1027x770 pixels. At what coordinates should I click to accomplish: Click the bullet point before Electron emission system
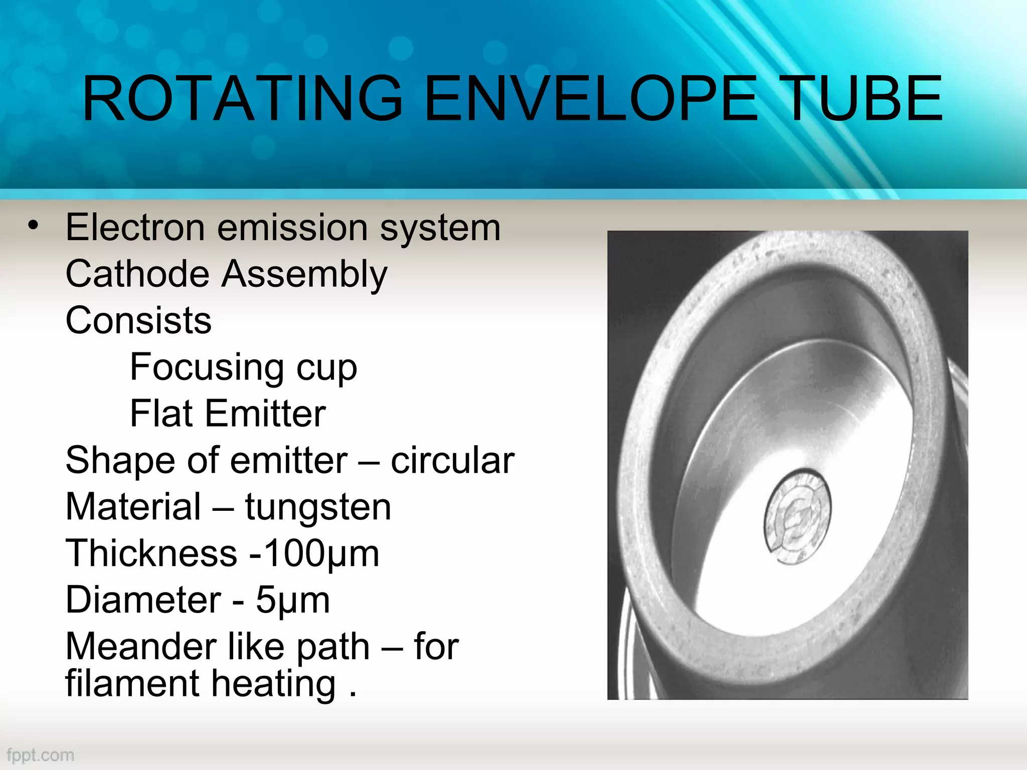[33, 226]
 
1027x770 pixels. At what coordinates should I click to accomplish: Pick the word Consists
[138, 321]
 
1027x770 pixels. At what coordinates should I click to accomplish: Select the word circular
[452, 460]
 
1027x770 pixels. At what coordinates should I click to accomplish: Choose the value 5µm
[293, 601]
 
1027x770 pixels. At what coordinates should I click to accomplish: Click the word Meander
[142, 647]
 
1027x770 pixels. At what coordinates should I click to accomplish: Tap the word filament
[132, 684]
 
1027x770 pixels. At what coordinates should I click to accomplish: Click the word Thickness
[151, 553]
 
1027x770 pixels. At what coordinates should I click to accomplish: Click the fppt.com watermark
[40, 755]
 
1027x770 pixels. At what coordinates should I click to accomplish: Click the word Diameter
[143, 600]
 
